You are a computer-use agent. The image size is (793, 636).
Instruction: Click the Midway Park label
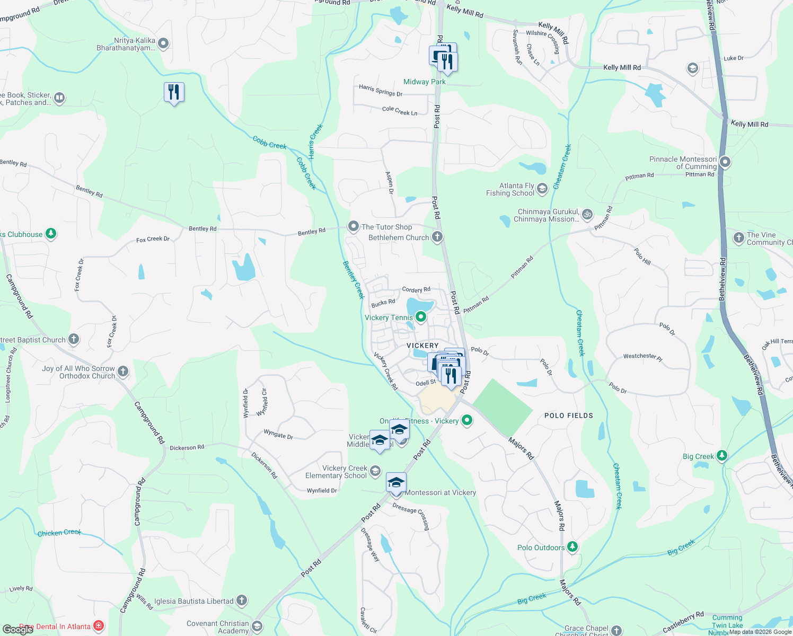[424, 82]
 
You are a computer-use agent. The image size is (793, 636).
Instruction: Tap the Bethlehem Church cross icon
[437, 237]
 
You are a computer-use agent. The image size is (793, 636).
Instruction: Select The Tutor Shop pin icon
[353, 226]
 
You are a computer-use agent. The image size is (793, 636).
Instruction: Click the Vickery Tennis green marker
[421, 317]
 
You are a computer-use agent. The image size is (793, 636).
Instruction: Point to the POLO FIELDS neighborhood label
[568, 416]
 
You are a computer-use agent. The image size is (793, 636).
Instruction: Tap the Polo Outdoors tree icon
[572, 547]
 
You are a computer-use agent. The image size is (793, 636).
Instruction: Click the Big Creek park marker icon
[721, 456]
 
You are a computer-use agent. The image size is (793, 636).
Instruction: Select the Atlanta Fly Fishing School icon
[542, 189]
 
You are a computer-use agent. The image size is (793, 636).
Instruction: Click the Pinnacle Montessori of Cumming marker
[725, 163]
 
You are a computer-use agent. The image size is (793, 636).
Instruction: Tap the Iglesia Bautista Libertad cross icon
[242, 600]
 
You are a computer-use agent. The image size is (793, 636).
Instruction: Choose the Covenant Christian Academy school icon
[257, 627]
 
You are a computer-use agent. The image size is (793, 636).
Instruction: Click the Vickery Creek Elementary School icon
[375, 471]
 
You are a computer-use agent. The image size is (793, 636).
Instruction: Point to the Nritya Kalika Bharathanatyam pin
[163, 43]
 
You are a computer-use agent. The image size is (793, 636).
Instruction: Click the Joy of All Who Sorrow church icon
[123, 372]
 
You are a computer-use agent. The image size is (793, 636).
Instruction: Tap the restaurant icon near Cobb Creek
[174, 93]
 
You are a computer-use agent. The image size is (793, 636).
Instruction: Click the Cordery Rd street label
[416, 290]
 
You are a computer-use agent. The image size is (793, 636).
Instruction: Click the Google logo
[17, 630]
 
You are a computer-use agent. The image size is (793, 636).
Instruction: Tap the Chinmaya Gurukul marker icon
[587, 215]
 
